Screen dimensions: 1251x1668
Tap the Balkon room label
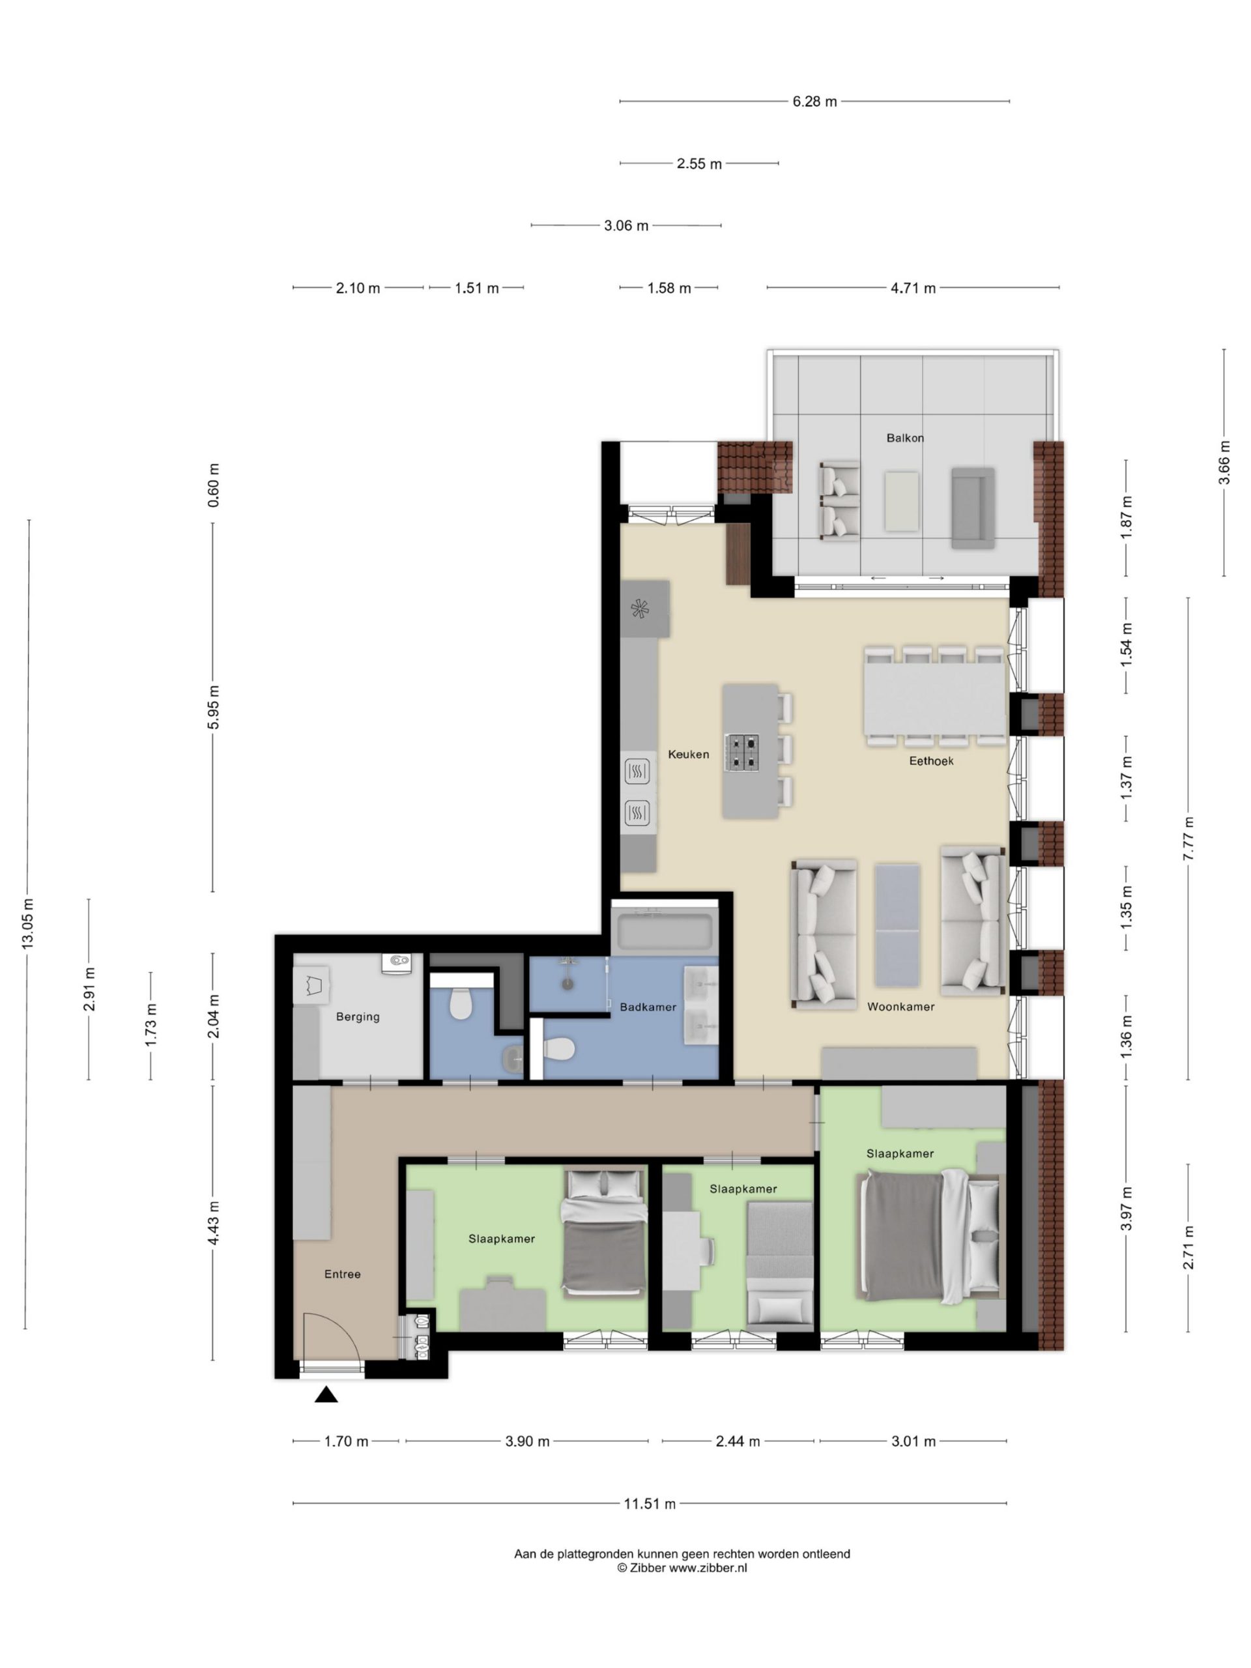pyautogui.click(x=904, y=437)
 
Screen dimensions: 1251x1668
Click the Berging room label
pyautogui.click(x=358, y=1016)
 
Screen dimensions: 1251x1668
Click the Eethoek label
pyautogui.click(x=931, y=761)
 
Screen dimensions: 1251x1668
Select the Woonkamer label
pyautogui.click(x=900, y=1007)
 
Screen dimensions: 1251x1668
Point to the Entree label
pyautogui.click(x=342, y=1274)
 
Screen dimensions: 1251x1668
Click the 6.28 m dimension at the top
pyautogui.click(x=814, y=101)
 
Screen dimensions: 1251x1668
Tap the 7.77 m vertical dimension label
pyautogui.click(x=1188, y=839)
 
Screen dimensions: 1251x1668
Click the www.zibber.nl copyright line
pyautogui.click(x=682, y=1568)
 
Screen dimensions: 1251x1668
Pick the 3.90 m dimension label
pyautogui.click(x=527, y=1441)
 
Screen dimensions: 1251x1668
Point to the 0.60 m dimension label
pyautogui.click(x=214, y=484)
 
